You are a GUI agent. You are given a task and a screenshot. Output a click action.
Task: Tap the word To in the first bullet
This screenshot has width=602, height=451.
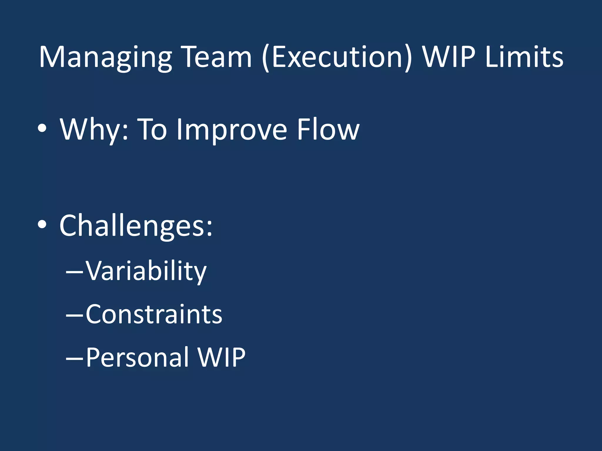coord(152,129)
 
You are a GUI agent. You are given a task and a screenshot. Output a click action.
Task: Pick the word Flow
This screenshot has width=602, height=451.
coord(328,129)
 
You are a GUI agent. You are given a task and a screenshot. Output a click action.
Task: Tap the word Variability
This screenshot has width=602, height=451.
coord(146,271)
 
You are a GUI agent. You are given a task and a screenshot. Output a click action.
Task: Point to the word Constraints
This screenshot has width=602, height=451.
coord(154,314)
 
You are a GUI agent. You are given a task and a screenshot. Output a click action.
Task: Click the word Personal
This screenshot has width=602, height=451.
coord(137,358)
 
